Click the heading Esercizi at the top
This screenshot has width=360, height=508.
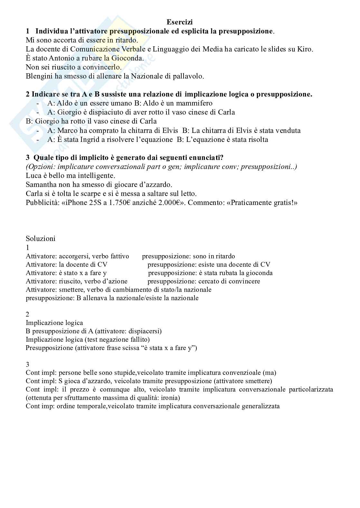pos(180,22)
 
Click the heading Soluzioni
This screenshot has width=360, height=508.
pos(41,238)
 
